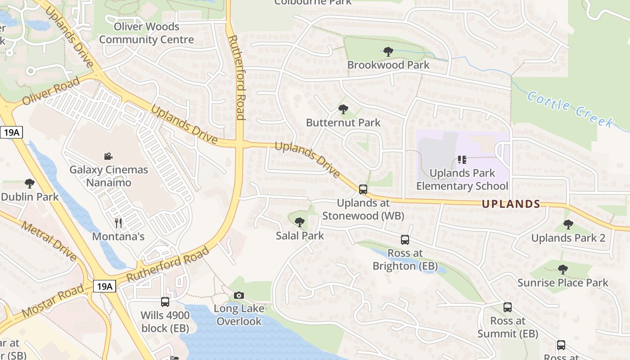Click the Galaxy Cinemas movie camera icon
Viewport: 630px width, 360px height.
coord(108,157)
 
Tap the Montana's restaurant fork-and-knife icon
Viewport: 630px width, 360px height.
coord(119,223)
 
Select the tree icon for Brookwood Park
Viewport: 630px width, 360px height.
coord(388,52)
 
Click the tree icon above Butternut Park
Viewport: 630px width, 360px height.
coord(343,109)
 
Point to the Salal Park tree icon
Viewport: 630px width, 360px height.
coord(299,222)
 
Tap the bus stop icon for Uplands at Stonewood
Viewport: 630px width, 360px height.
coord(363,189)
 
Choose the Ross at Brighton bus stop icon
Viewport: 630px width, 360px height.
coord(405,240)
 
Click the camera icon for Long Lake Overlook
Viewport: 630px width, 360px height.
coord(239,295)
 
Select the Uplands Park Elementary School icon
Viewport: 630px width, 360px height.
coord(462,159)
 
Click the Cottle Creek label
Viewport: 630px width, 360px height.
coord(570,108)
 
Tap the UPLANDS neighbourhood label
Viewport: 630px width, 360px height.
coord(511,204)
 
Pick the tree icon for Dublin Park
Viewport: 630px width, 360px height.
coord(30,184)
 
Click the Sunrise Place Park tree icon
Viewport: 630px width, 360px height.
coord(562,270)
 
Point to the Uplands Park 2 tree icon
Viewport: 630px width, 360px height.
coord(568,225)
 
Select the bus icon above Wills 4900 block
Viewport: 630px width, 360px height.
coord(165,302)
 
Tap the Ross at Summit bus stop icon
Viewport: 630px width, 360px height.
coord(508,307)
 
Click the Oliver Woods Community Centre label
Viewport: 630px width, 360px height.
coord(147,33)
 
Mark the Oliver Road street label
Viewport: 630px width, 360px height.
coord(50,91)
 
